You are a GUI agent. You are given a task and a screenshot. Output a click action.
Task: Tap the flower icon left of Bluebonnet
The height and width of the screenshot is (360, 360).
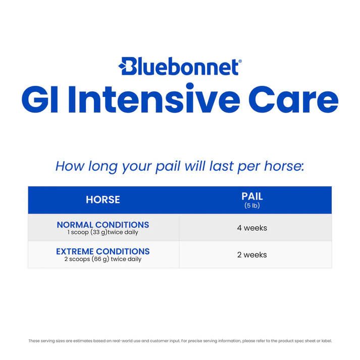(x=122, y=65)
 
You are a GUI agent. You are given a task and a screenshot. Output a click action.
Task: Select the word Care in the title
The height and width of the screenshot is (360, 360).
(x=293, y=101)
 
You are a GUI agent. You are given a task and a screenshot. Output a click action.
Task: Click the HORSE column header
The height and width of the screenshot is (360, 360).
(x=103, y=200)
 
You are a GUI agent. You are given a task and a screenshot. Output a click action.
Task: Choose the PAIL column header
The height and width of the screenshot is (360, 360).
(x=252, y=196)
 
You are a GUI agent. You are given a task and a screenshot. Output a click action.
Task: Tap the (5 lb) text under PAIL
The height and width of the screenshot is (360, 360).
(x=252, y=206)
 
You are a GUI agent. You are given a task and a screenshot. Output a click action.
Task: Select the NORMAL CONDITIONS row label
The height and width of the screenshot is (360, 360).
(x=103, y=225)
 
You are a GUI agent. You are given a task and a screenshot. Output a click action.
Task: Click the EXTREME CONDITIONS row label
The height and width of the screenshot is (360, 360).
(x=103, y=251)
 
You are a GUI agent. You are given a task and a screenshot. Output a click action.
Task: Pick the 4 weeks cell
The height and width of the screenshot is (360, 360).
(x=252, y=228)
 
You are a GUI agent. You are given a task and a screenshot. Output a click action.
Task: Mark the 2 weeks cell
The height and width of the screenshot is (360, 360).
(x=252, y=255)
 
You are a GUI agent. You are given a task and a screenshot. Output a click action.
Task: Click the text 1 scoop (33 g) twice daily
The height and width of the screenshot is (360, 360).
(x=103, y=233)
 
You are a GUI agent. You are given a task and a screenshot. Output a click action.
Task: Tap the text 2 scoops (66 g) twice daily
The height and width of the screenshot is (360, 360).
(x=103, y=260)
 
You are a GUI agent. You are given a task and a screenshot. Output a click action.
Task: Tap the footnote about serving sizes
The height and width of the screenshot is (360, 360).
(x=180, y=341)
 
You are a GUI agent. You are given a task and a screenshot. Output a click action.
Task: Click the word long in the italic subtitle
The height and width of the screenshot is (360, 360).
(x=105, y=167)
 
